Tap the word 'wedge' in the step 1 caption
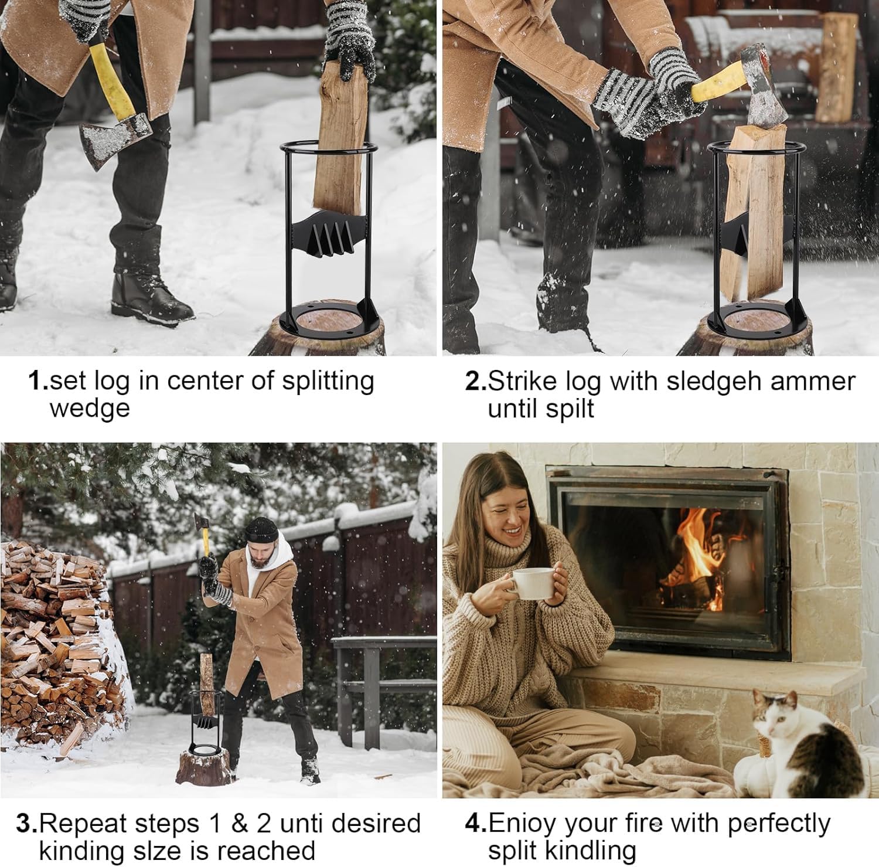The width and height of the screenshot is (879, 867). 89,408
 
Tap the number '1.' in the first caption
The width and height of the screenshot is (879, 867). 38,381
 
